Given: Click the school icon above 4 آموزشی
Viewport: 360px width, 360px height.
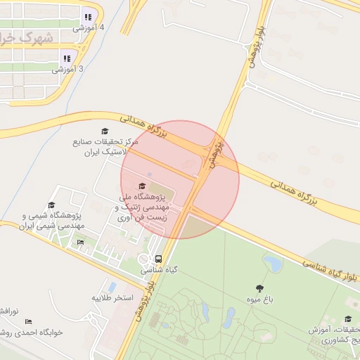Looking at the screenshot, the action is pos(88,17).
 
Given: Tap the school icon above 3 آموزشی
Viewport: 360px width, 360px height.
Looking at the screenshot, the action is pos(67,59).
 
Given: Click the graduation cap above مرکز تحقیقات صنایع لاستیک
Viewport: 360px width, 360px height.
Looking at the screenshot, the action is pos(105,131).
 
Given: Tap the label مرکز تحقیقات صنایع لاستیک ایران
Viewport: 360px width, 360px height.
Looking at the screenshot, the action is pos(101,146).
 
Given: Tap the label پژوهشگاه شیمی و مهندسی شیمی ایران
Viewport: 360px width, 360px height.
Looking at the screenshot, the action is pos(52,220).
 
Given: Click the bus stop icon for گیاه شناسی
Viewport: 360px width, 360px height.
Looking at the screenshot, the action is pos(159,259).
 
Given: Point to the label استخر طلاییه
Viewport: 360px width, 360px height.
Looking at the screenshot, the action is pos(112,298).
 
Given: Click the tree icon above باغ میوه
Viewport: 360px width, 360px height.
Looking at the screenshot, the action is pos(259,288).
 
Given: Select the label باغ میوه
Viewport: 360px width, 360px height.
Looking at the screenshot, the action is pos(259,300).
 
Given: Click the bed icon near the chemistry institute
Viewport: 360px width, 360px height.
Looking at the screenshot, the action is pos(80,243).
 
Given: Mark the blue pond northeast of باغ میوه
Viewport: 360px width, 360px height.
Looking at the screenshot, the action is pos(272,264).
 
